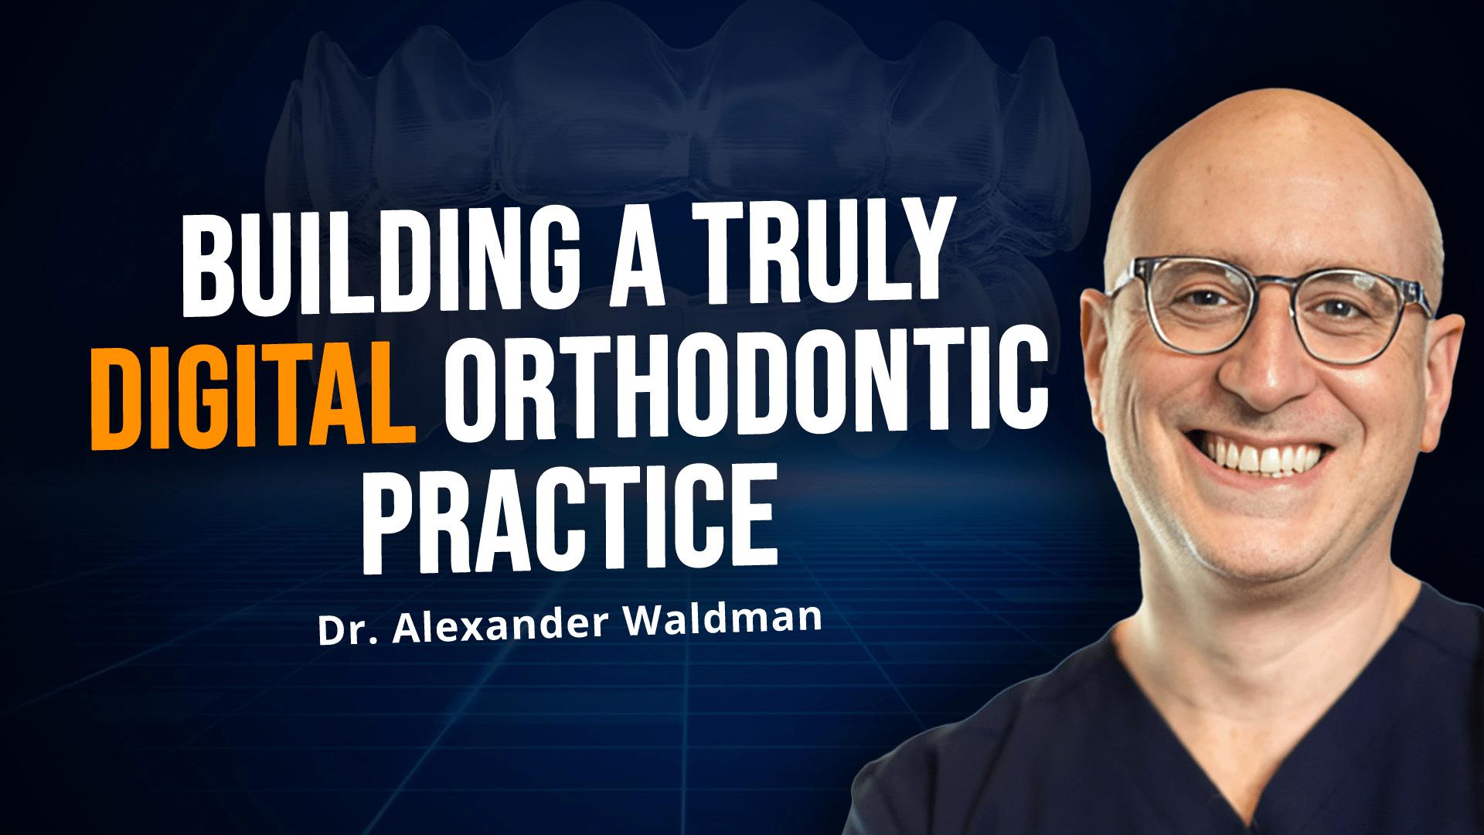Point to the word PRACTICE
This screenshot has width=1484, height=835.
(570, 518)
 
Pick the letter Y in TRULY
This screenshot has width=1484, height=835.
(917, 249)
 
